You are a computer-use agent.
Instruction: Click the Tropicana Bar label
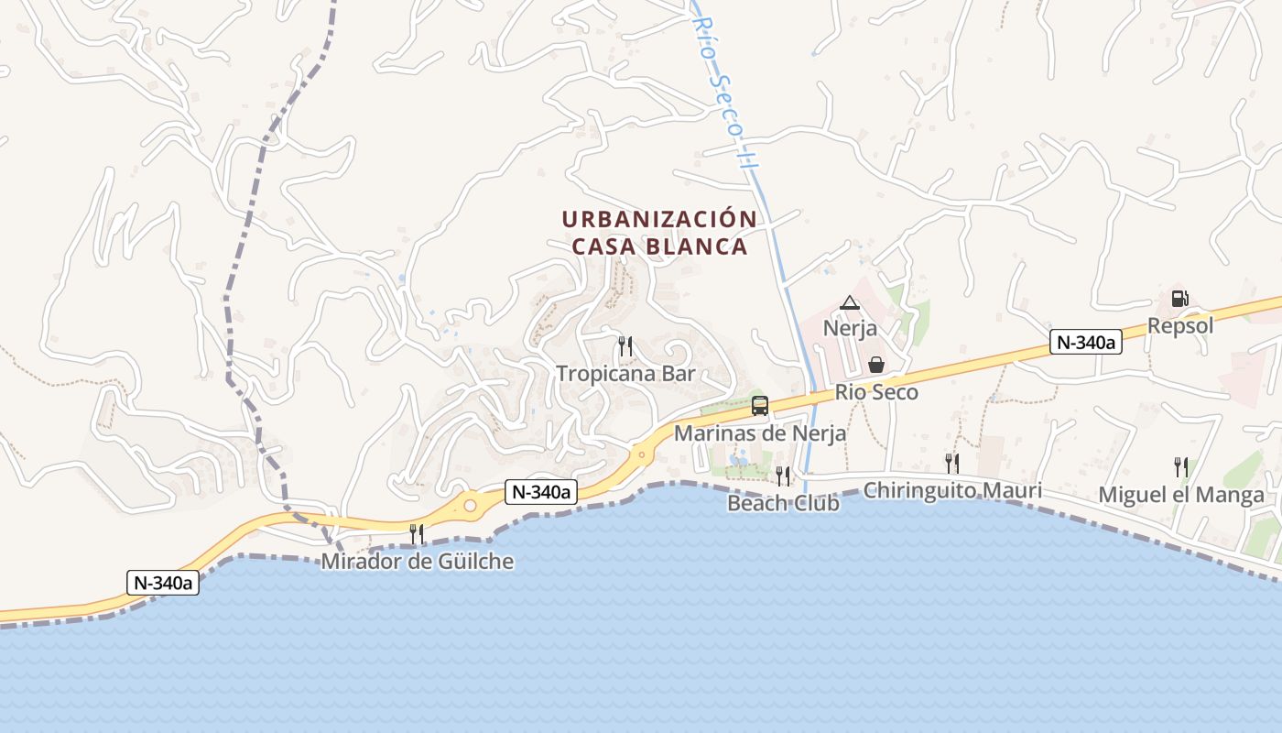pyautogui.click(x=626, y=374)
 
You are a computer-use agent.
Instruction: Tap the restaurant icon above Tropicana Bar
pyautogui.click(x=625, y=346)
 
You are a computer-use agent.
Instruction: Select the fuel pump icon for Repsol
pyautogui.click(x=1179, y=299)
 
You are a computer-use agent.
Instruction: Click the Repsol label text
pyautogui.click(x=1180, y=326)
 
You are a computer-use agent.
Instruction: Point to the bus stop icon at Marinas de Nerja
pyautogui.click(x=760, y=406)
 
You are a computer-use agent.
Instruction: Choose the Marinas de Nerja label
pyautogui.click(x=760, y=433)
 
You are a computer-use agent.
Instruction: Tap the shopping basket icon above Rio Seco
pyautogui.click(x=876, y=365)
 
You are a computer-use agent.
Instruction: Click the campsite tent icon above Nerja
pyautogui.click(x=850, y=302)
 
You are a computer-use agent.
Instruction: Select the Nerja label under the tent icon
pyautogui.click(x=850, y=328)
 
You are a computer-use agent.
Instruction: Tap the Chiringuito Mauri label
pyautogui.click(x=952, y=491)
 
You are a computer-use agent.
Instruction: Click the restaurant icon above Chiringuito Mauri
pyautogui.click(x=952, y=463)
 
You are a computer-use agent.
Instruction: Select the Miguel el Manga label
pyautogui.click(x=1181, y=496)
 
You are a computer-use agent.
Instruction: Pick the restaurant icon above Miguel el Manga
pyautogui.click(x=1181, y=466)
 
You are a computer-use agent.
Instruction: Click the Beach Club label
pyautogui.click(x=783, y=503)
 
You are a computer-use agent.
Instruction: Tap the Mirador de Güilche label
pyautogui.click(x=417, y=562)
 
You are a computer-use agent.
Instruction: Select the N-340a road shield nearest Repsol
pyautogui.click(x=1085, y=343)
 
